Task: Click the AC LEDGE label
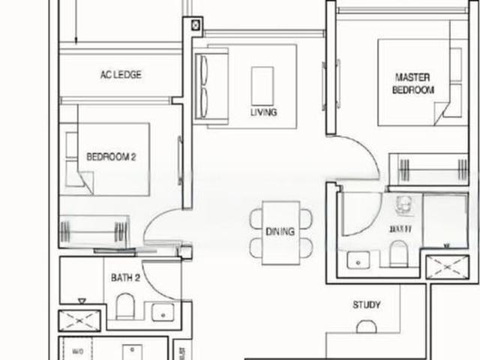click(121, 75)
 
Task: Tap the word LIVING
click(264, 112)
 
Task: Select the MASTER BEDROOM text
click(413, 83)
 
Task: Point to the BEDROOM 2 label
click(111, 157)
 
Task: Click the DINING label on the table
click(280, 232)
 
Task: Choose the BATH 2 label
click(126, 277)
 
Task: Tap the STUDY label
click(367, 305)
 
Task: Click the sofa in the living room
click(211, 82)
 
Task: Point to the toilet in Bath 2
click(125, 306)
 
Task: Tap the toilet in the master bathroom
click(398, 253)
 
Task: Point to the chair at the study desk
click(367, 328)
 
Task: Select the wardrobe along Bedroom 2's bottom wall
click(95, 229)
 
